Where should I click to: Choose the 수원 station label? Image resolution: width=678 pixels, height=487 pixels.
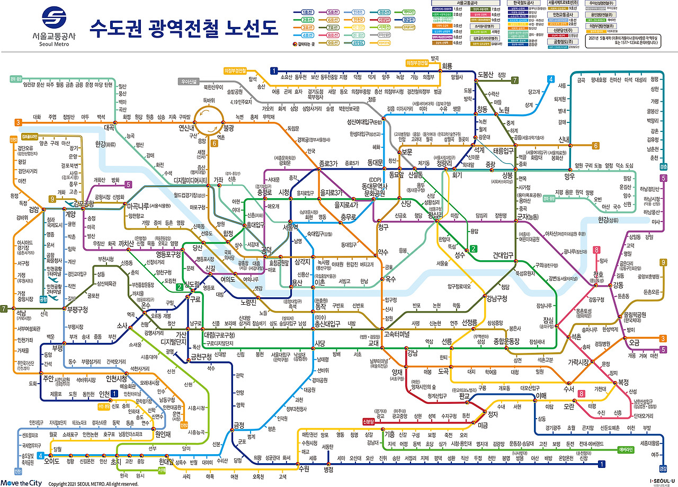(304, 468)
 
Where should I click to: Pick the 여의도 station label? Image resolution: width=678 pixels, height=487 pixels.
(228, 279)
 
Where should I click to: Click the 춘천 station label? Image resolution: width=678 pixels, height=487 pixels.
(654, 157)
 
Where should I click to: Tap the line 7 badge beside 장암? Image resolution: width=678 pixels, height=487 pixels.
(514, 81)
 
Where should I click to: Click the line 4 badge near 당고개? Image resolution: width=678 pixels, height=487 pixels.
(551, 79)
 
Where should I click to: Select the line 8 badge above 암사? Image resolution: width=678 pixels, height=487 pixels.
(597, 250)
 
